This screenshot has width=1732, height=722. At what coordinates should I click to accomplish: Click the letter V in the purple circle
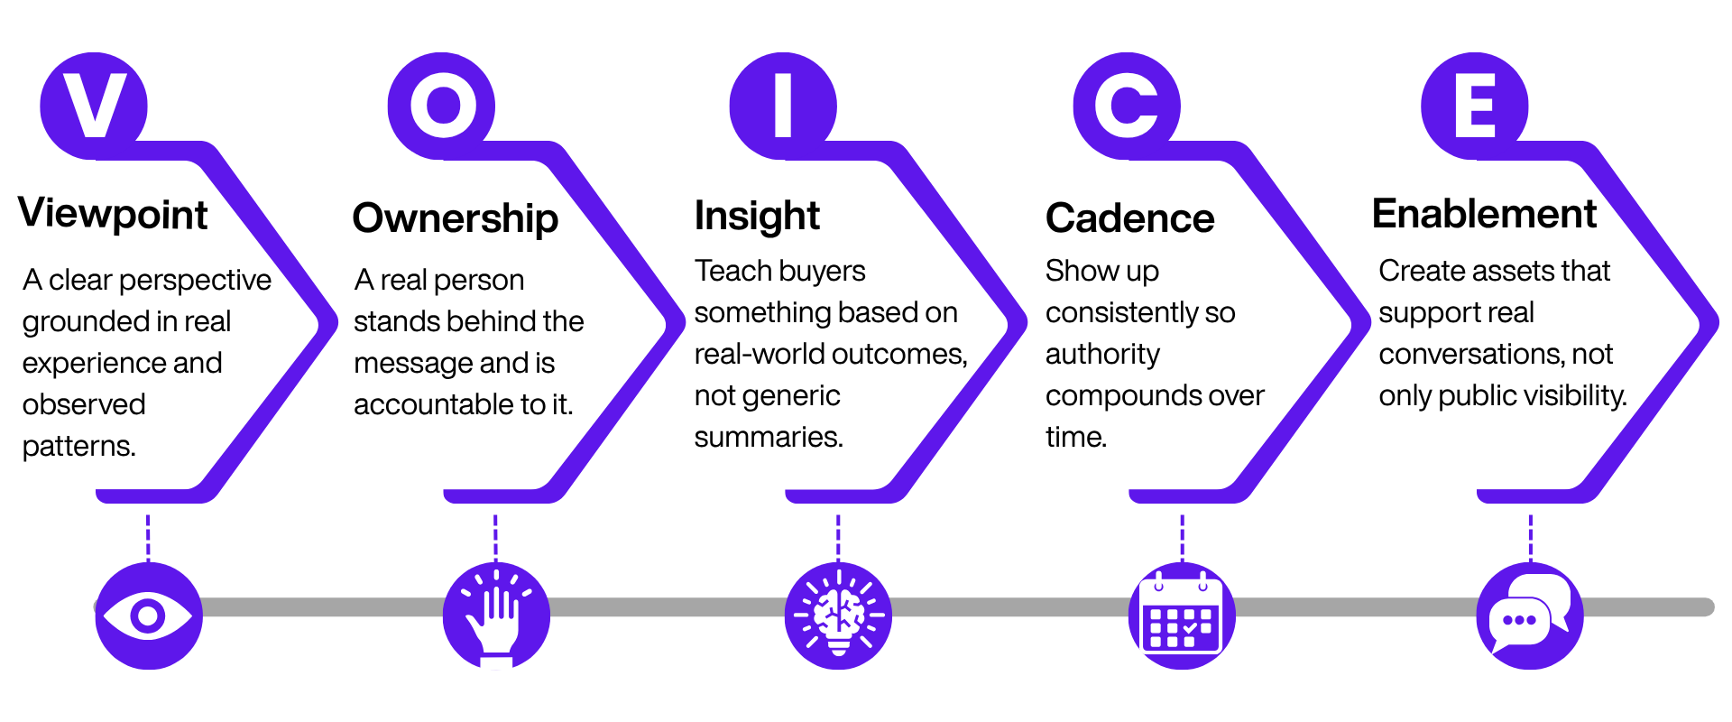pyautogui.click(x=95, y=106)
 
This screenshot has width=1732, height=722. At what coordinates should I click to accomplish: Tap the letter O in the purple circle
pyautogui.click(x=443, y=106)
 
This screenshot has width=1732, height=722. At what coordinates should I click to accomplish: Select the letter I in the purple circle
pyautogui.click(x=783, y=106)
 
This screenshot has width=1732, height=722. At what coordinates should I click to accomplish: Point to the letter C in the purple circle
pyautogui.click(x=1126, y=106)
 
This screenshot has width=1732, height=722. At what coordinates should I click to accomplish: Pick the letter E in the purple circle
pyautogui.click(x=1475, y=106)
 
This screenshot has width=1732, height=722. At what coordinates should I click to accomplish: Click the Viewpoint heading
pyautogui.click(x=113, y=215)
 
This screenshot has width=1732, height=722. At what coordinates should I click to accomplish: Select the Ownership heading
pyautogui.click(x=456, y=218)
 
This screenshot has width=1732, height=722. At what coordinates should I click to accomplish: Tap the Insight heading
pyautogui.click(x=757, y=217)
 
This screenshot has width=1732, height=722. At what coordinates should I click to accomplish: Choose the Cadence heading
pyautogui.click(x=1129, y=218)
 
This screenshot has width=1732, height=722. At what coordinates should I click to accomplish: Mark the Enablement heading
pyautogui.click(x=1484, y=214)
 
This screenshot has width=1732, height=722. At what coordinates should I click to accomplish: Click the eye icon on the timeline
pyautogui.click(x=148, y=616)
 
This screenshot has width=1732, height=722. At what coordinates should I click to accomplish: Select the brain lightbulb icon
pyautogui.click(x=838, y=616)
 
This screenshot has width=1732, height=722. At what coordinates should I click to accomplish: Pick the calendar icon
pyautogui.click(x=1182, y=616)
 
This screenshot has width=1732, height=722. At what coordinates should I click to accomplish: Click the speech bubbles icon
pyautogui.click(x=1529, y=616)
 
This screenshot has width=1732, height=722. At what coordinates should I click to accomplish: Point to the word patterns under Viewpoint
pyautogui.click(x=78, y=446)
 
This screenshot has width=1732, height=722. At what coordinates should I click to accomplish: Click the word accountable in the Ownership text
pyautogui.click(x=434, y=404)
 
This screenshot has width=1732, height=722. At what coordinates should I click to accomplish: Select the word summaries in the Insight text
pyautogui.click(x=769, y=437)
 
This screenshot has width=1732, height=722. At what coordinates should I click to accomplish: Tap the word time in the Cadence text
pyautogui.click(x=1075, y=437)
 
